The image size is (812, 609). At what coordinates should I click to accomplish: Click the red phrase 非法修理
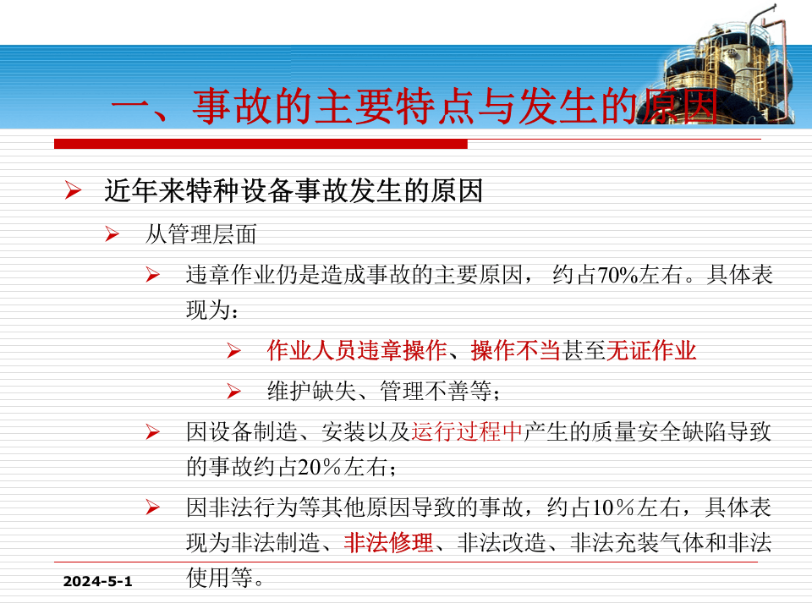coord(389,542)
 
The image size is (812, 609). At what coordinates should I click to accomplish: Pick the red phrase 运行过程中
coord(468,432)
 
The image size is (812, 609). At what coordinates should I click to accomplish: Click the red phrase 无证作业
coord(651,350)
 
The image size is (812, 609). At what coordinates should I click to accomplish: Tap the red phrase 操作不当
coord(516,350)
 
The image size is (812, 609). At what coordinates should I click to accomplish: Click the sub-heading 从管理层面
coord(200,234)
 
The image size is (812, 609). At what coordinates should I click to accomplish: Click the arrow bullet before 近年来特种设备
coord(73,192)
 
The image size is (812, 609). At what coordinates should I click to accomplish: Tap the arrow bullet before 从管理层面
coord(112,234)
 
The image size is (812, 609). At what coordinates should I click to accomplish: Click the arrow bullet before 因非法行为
coord(153,508)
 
